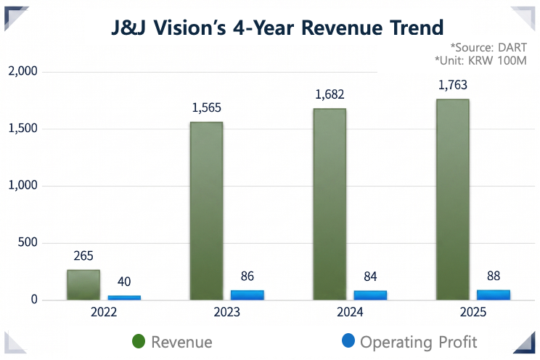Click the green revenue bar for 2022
[83, 285]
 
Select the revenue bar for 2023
[206, 210]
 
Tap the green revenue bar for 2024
[329, 204]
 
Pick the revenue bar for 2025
[453, 199]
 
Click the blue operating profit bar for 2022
[124, 297]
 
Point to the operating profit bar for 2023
[247, 295]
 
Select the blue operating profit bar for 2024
[370, 295]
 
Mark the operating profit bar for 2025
[494, 294]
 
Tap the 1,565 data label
[206, 108]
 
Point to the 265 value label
[83, 256]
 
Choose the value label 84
[370, 277]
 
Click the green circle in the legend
[139, 341]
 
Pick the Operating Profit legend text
[419, 342]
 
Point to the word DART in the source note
[512, 47]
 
